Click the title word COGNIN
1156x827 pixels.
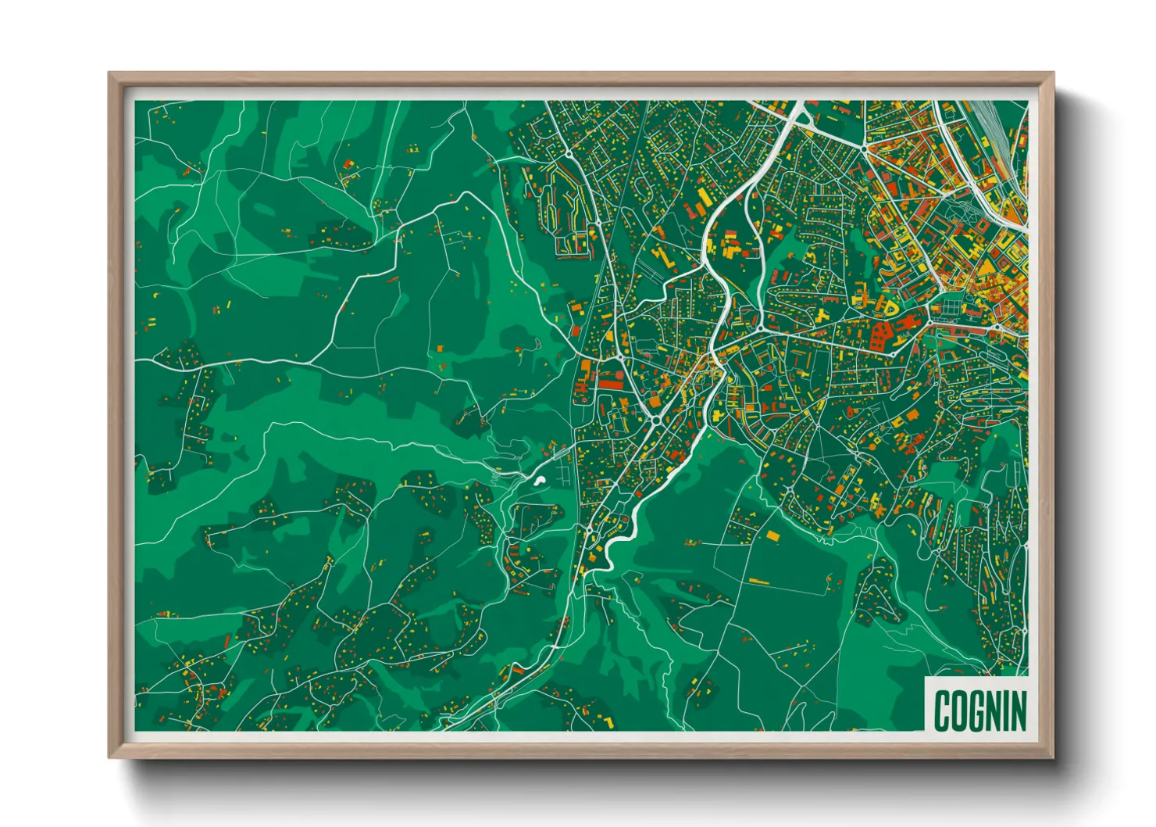(979, 710)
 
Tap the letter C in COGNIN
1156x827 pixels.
(941, 710)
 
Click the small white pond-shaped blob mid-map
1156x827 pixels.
(539, 480)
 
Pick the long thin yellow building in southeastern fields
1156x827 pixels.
(758, 582)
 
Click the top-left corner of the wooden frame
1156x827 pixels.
(111, 75)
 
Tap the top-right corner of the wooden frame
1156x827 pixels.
(1051, 75)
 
